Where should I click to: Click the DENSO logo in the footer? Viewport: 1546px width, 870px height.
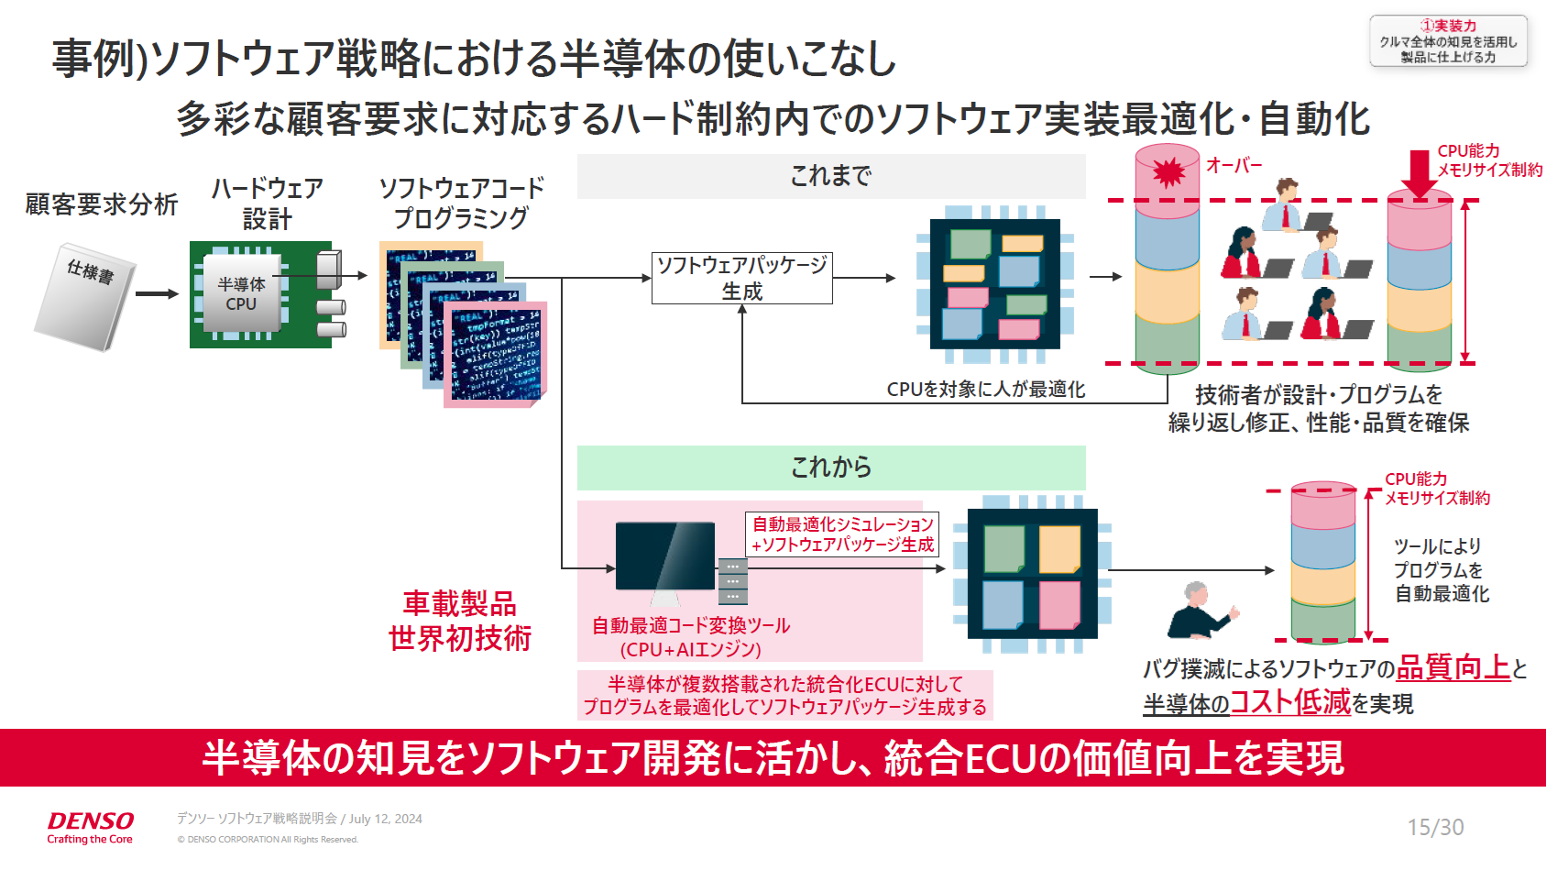[x=90, y=821]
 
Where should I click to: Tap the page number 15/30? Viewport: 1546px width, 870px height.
[x=1435, y=827]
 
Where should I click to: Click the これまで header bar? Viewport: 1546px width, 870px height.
[x=830, y=176]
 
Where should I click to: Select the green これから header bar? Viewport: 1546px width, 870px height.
[x=830, y=468]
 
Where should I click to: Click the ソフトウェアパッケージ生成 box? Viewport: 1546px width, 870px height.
[x=741, y=278]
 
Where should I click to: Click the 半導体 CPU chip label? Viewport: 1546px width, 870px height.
[x=241, y=294]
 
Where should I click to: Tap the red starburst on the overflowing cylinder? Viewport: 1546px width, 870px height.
[x=1168, y=171]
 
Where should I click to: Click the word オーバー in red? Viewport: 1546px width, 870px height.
[x=1234, y=165]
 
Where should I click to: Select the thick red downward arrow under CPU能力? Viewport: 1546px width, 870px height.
[x=1420, y=173]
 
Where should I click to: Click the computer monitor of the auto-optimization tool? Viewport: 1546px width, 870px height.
[x=665, y=557]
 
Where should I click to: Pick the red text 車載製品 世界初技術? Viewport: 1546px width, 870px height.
[x=459, y=621]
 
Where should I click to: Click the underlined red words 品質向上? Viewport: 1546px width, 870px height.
[x=1453, y=667]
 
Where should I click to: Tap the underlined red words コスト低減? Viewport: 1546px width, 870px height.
[x=1289, y=702]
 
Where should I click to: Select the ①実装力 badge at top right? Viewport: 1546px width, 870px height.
[x=1448, y=41]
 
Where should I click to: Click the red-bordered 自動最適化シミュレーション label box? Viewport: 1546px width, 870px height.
[x=842, y=534]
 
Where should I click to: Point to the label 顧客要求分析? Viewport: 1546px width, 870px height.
[x=101, y=204]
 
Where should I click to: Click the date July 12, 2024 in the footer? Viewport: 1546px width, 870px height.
[x=385, y=819]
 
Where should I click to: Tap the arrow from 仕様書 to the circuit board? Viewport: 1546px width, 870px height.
[x=157, y=294]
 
